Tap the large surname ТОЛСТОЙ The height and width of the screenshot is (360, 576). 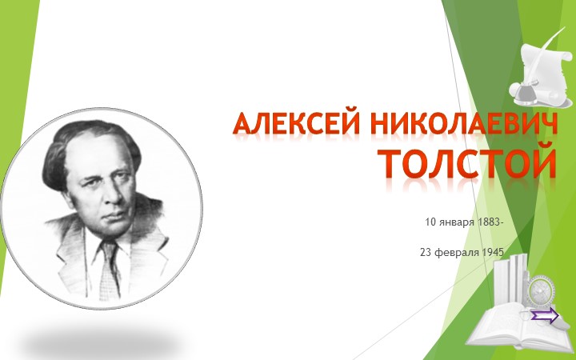467,162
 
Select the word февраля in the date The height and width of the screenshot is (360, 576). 459,252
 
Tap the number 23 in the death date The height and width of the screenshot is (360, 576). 426,252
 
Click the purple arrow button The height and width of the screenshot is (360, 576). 544,316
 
